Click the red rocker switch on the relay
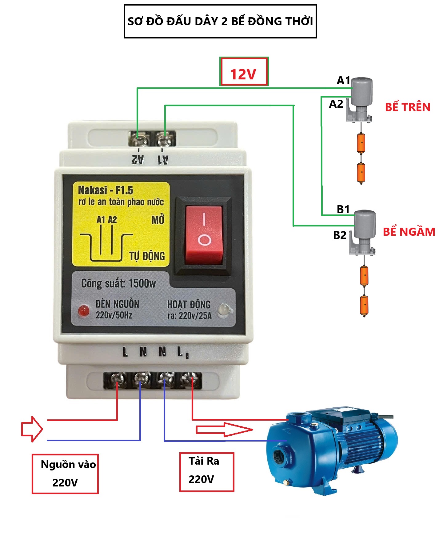(x=204, y=235)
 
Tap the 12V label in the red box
(x=243, y=74)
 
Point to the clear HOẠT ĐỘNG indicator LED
(x=224, y=309)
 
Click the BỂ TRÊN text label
(x=407, y=107)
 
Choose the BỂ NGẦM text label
(x=409, y=232)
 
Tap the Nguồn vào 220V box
(x=65, y=474)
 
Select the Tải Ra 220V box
(x=206, y=471)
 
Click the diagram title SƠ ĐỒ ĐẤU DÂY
(x=220, y=21)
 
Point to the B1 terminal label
(x=343, y=209)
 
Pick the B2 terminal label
(x=340, y=235)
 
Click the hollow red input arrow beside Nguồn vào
(x=32, y=429)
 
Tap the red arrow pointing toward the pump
(x=224, y=430)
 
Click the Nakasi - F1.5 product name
(x=105, y=190)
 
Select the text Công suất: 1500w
(x=118, y=283)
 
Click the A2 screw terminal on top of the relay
(x=138, y=139)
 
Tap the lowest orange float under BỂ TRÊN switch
(x=361, y=173)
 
